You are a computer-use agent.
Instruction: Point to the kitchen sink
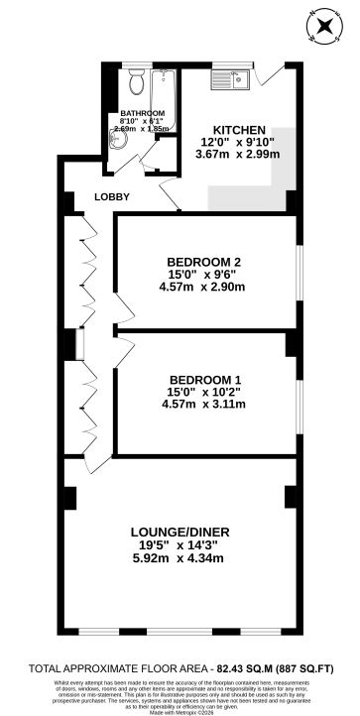point(229,83)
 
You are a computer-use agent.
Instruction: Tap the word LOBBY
point(111,196)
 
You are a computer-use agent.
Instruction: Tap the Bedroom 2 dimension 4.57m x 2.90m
point(201,288)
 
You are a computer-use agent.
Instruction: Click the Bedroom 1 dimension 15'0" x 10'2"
point(201,392)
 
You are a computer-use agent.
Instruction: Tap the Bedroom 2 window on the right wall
point(297,270)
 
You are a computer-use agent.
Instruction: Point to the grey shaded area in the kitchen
point(271,169)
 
